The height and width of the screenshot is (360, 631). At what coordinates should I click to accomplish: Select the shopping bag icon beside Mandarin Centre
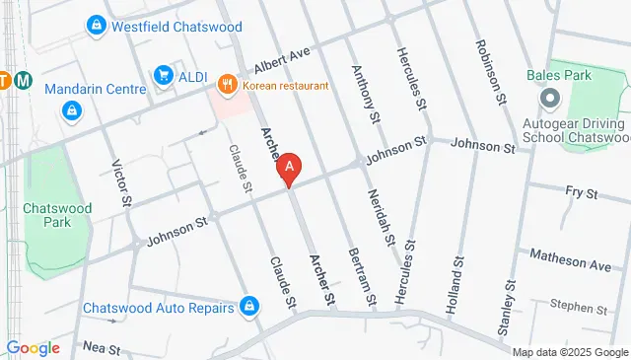click(x=73, y=111)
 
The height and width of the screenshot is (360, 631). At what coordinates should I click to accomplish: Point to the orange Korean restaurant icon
click(x=228, y=86)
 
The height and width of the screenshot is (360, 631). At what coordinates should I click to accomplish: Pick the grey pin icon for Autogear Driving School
click(x=550, y=99)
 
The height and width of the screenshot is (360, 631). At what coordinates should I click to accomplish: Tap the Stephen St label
click(x=579, y=308)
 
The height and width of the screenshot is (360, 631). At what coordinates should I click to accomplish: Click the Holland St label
click(x=456, y=279)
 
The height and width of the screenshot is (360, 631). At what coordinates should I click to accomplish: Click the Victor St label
click(x=122, y=184)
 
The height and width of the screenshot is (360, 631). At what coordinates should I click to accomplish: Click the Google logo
click(x=33, y=347)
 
